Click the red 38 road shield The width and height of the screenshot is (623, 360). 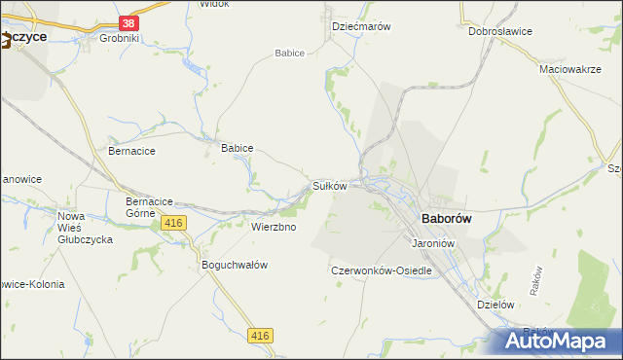[x=128, y=22]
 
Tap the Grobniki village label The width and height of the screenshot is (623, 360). [x=120, y=39]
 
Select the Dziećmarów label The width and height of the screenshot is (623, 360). [x=361, y=27]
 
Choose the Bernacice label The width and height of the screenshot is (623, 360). [x=131, y=152]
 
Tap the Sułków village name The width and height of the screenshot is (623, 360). [x=329, y=185]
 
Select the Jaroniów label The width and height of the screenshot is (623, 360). [x=433, y=243]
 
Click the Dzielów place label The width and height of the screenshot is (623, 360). [x=495, y=304]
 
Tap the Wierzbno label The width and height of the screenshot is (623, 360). [x=274, y=227]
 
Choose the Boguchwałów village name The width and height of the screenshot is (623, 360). [x=234, y=265]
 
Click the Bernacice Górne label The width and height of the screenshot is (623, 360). [x=149, y=206]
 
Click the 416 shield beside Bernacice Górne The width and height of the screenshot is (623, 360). [x=174, y=224]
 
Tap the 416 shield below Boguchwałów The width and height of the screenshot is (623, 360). [x=260, y=336]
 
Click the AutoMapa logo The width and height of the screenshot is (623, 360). [x=560, y=342]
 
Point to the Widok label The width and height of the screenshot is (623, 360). [x=213, y=4]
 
